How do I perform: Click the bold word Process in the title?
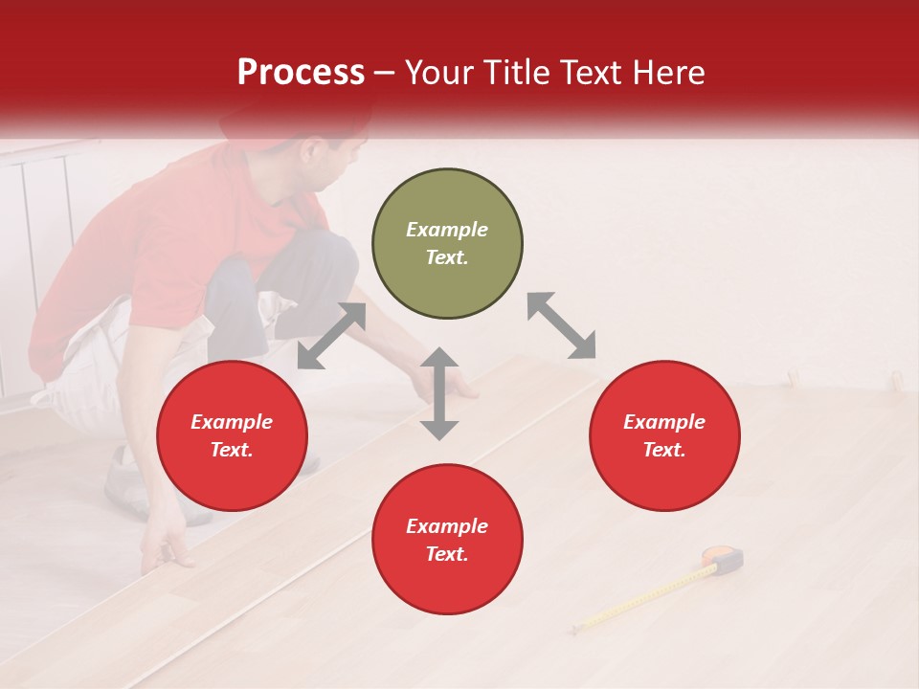301,73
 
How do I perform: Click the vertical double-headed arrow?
439,393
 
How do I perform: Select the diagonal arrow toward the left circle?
331,336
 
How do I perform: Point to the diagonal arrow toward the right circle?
561,325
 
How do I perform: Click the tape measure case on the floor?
724,558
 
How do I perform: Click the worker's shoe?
129,474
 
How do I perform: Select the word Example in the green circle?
447,230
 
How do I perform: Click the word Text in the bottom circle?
445,555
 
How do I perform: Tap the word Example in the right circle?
664,422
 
